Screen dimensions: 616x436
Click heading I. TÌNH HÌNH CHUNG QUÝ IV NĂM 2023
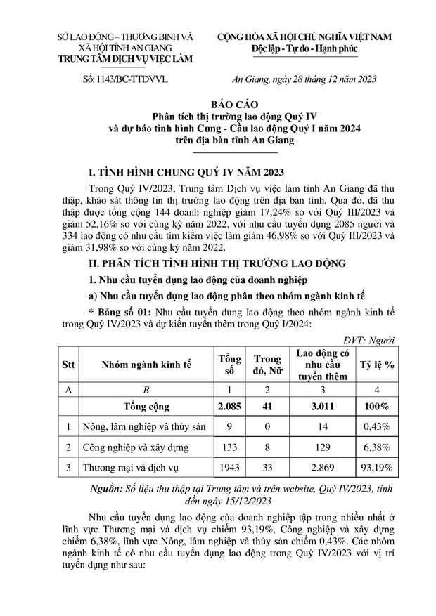[x=184, y=172]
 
